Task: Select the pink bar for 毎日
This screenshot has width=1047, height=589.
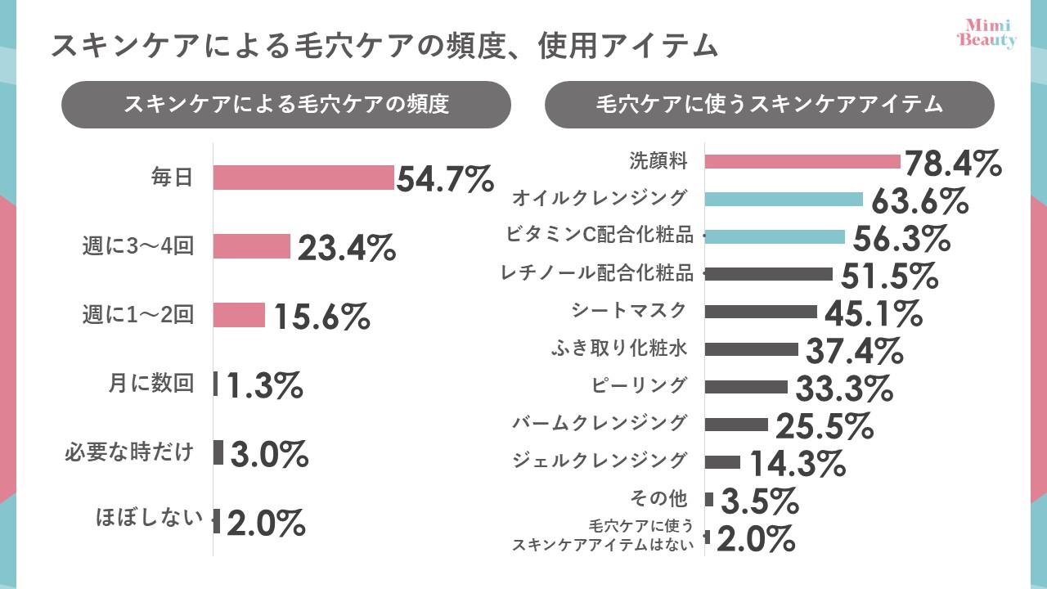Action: pos(303,178)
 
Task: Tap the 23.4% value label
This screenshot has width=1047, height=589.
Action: pos(346,247)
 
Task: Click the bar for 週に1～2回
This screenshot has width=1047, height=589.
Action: pos(239,315)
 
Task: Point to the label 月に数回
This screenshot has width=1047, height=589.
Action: pos(151,383)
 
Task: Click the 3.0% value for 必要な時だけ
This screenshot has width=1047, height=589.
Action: pos(268,453)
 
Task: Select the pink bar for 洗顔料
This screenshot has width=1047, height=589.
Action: pos(802,161)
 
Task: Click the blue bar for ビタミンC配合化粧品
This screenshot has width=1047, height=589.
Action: pos(774,236)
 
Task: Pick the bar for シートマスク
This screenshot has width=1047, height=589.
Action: pos(760,312)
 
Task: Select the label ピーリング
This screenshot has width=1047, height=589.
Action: pos(639,384)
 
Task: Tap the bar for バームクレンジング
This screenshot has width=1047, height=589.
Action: pos(735,425)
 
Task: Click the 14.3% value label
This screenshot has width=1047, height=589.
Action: pos(797,463)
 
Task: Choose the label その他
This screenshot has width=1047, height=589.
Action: pos(658,498)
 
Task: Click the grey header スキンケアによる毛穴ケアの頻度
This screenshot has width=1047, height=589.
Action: pos(286,105)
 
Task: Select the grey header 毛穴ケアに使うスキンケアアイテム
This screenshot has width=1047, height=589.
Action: pos(769,105)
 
